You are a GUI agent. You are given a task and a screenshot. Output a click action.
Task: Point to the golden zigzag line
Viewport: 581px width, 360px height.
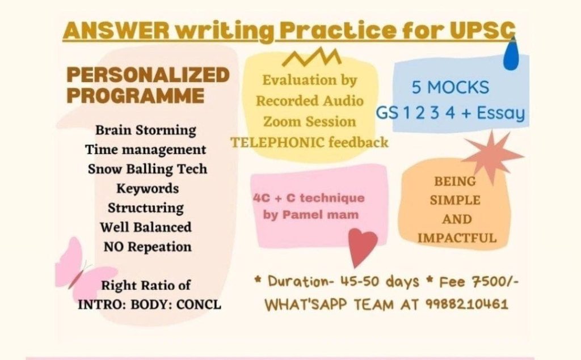tap(311, 57)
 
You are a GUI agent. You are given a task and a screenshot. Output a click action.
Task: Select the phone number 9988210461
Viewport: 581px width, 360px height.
tap(466, 304)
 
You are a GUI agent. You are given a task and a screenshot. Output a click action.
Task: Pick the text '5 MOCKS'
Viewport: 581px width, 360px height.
tap(450, 87)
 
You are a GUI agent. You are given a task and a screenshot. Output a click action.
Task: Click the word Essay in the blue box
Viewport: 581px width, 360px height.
tap(500, 113)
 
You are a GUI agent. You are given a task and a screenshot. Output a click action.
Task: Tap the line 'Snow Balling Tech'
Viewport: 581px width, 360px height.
tap(148, 169)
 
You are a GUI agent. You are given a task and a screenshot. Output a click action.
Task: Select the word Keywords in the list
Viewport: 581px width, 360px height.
tap(148, 189)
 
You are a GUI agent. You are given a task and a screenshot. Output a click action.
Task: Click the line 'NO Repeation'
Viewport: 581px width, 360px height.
tap(148, 247)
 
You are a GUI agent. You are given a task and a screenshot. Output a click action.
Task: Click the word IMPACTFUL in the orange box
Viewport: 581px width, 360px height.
tap(457, 238)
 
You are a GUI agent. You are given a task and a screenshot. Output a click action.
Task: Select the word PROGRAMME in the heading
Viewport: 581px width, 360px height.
tap(136, 96)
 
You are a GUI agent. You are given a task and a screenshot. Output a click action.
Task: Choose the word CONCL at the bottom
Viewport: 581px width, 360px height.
tap(199, 304)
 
